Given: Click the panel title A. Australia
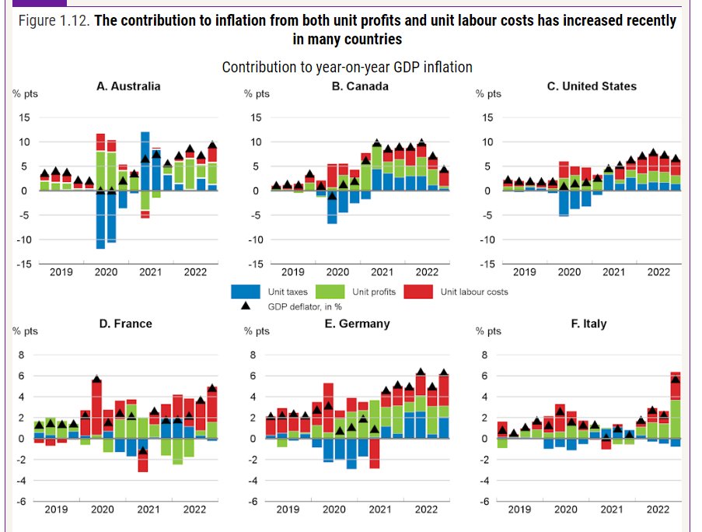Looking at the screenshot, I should (x=128, y=86).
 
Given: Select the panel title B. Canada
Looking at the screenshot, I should (x=360, y=86).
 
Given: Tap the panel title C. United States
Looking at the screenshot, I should (x=591, y=86).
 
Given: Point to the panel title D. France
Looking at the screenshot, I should (x=125, y=324).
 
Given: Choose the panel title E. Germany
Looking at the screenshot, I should (x=357, y=324).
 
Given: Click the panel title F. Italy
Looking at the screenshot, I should (x=588, y=324).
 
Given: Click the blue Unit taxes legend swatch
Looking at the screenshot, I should (x=245, y=292).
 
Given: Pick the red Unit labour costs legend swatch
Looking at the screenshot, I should (x=422, y=292).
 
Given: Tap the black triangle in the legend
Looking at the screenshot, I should (x=245, y=306).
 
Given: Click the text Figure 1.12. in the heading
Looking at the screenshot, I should (x=53, y=21).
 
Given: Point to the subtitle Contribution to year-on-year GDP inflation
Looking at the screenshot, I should (x=347, y=68).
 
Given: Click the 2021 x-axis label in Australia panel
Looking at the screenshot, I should (x=150, y=272).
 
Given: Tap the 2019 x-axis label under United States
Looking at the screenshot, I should (x=524, y=272).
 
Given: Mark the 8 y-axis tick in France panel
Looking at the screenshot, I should (x=21, y=355).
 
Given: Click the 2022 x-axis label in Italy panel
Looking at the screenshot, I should (x=658, y=509).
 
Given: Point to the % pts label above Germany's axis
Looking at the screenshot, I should (x=257, y=331).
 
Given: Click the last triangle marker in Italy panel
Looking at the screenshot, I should (x=676, y=380).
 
